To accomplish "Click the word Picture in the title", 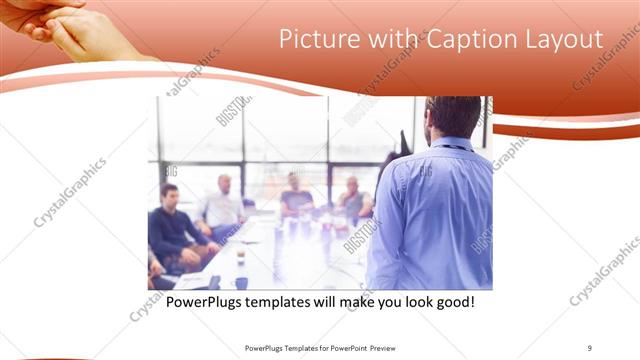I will pos(314,40).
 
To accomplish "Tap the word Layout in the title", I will pos(566,40).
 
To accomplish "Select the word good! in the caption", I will pos(451,300).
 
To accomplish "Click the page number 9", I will pos(590,348).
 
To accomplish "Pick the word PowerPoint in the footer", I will pos(344,348).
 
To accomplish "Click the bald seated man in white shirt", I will pos(222,205).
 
